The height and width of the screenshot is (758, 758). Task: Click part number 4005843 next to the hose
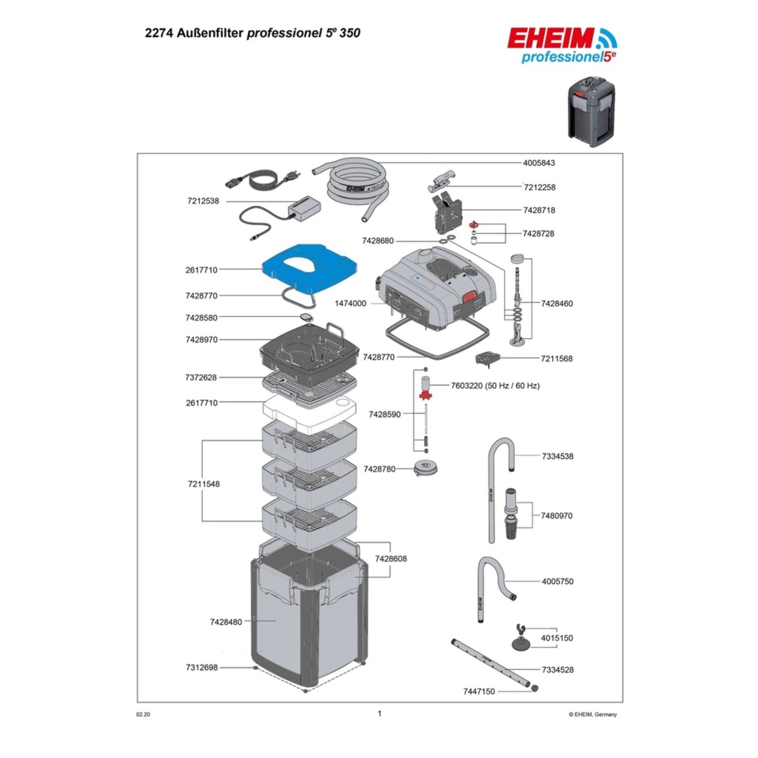point(539,163)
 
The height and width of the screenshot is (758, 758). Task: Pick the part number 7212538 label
point(202,201)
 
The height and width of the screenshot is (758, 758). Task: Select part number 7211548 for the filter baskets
point(204,484)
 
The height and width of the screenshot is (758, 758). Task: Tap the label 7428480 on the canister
point(226,622)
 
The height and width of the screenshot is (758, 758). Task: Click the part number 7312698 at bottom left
point(201,668)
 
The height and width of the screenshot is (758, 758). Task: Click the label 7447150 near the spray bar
point(478,691)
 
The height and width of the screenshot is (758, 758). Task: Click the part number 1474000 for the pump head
point(350,304)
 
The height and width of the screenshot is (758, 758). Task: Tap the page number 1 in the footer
point(379,713)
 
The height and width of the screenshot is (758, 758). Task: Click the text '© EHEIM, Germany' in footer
point(593,714)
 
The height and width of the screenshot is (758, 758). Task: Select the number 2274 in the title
point(157,33)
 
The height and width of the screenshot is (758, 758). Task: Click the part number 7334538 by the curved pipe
point(558,456)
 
